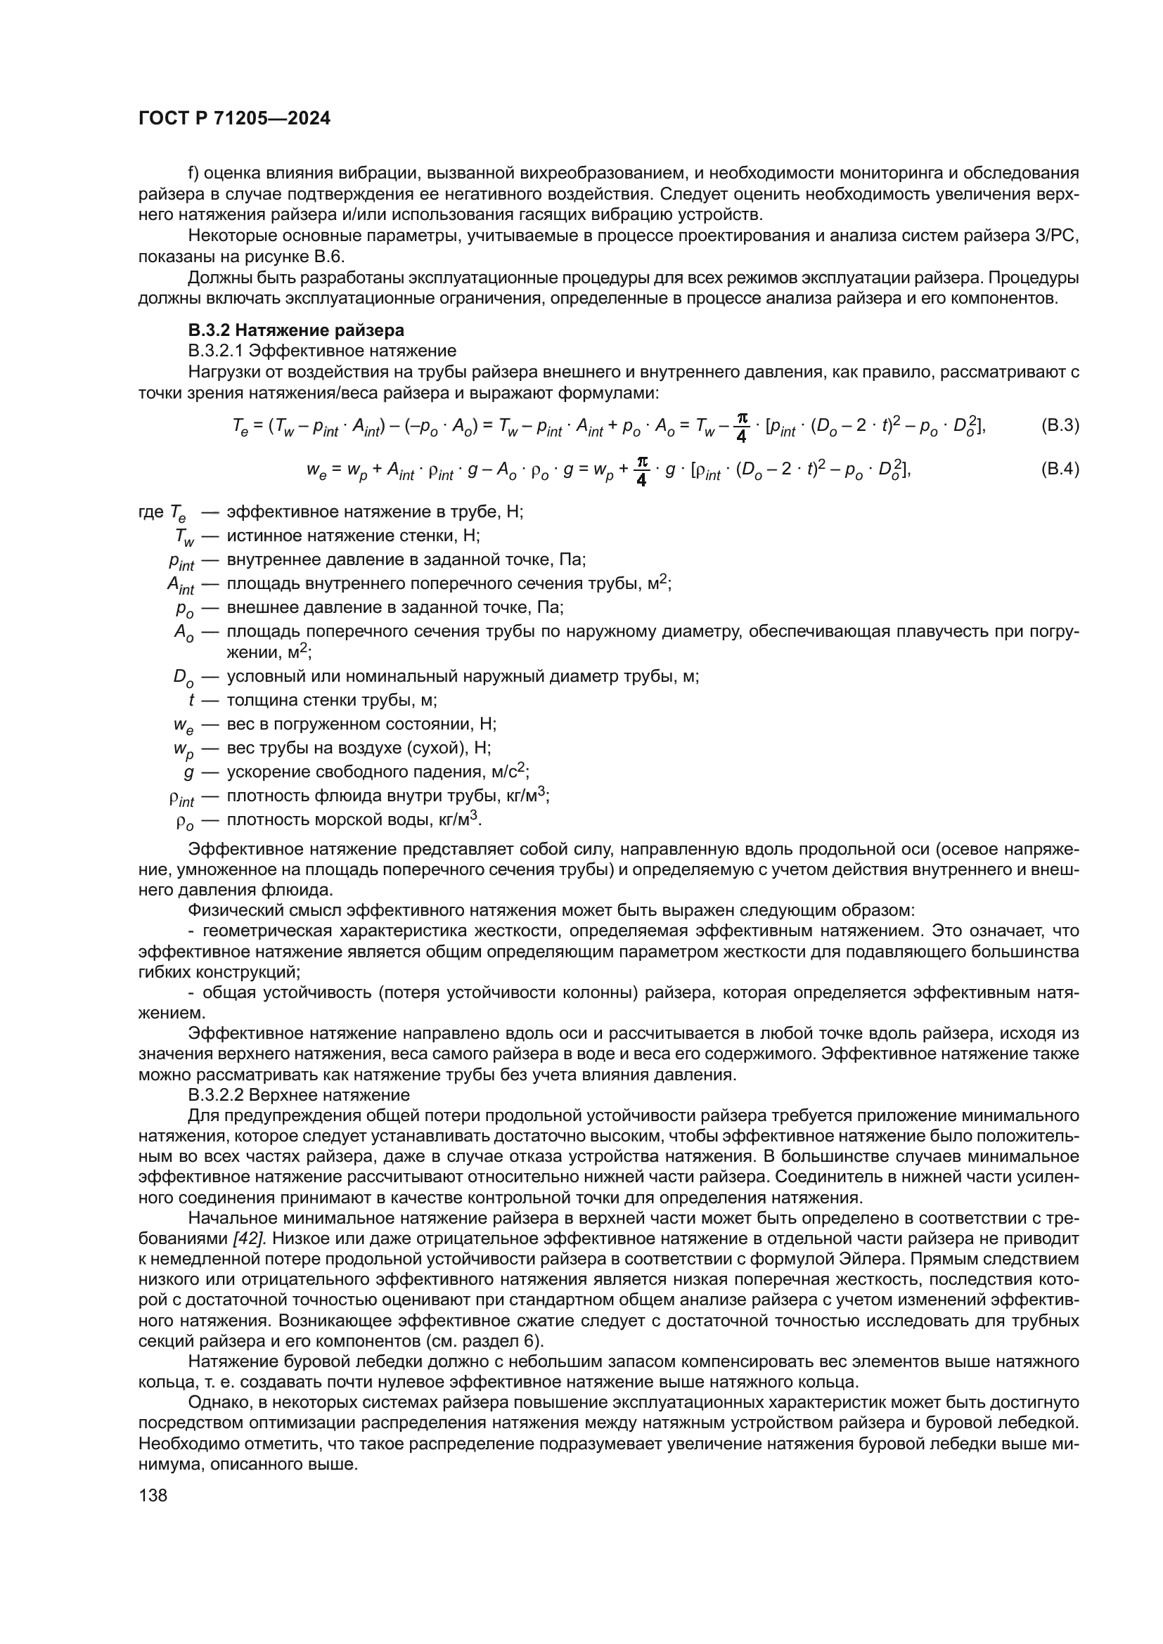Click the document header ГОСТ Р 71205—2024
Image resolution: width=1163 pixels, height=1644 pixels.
234,119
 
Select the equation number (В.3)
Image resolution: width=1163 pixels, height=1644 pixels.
1059,425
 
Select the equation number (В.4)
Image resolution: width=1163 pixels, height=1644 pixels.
1059,470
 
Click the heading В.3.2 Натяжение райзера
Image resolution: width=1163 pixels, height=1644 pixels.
296,330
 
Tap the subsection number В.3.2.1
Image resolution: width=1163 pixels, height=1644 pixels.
215,351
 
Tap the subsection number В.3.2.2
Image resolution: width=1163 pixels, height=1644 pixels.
215,1095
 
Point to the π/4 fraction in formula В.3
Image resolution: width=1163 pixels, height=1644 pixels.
741,427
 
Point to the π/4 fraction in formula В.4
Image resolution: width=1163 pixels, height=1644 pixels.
641,471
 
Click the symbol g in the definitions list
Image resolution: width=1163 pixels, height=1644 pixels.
189,772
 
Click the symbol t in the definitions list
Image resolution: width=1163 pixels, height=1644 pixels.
191,700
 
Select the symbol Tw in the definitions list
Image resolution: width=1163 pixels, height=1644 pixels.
184,537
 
